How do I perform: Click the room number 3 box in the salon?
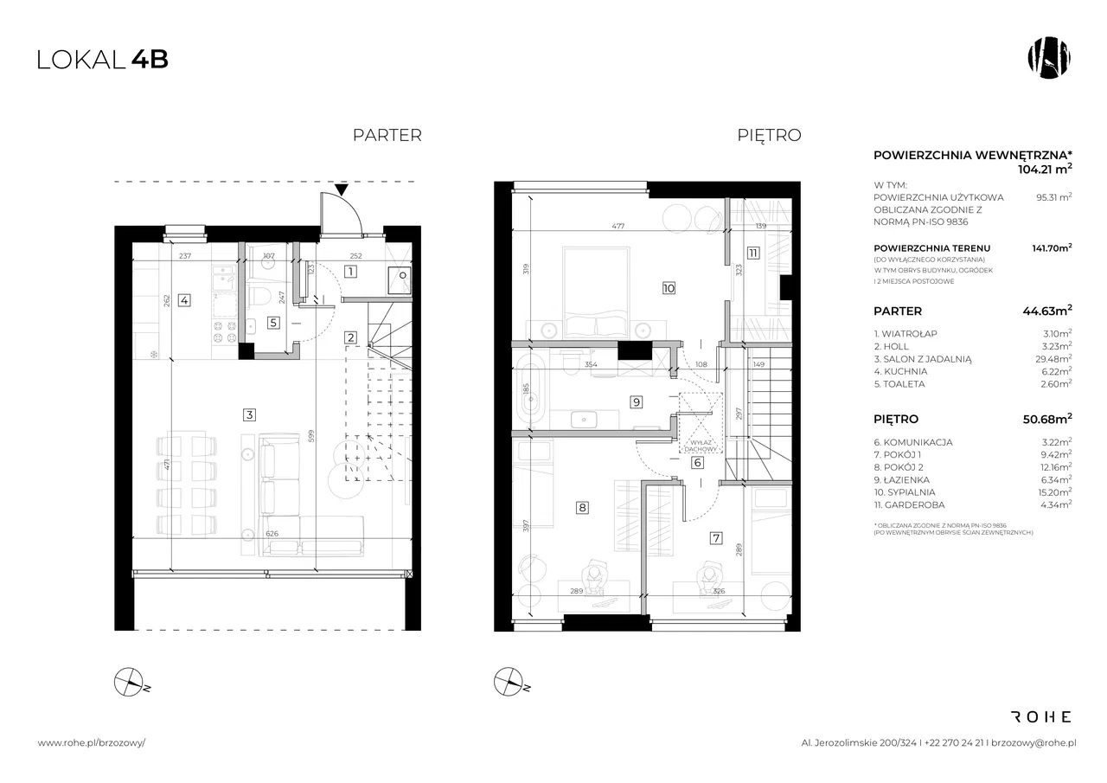(249, 414)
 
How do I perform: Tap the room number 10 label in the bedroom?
(669, 288)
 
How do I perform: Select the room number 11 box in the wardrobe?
(752, 254)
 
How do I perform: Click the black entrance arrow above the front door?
(342, 189)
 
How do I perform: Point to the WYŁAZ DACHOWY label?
(701, 446)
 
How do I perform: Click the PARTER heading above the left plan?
(387, 135)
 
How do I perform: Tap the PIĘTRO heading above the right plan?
(769, 135)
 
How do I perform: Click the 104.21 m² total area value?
(1045, 169)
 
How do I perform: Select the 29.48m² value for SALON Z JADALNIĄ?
(1055, 358)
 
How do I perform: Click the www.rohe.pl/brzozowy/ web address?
(92, 743)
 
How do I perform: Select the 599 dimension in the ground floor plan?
(310, 436)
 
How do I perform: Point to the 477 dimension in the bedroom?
(618, 226)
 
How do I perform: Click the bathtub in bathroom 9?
(531, 391)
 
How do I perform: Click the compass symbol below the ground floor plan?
(130, 683)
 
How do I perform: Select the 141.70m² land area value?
(1053, 247)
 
